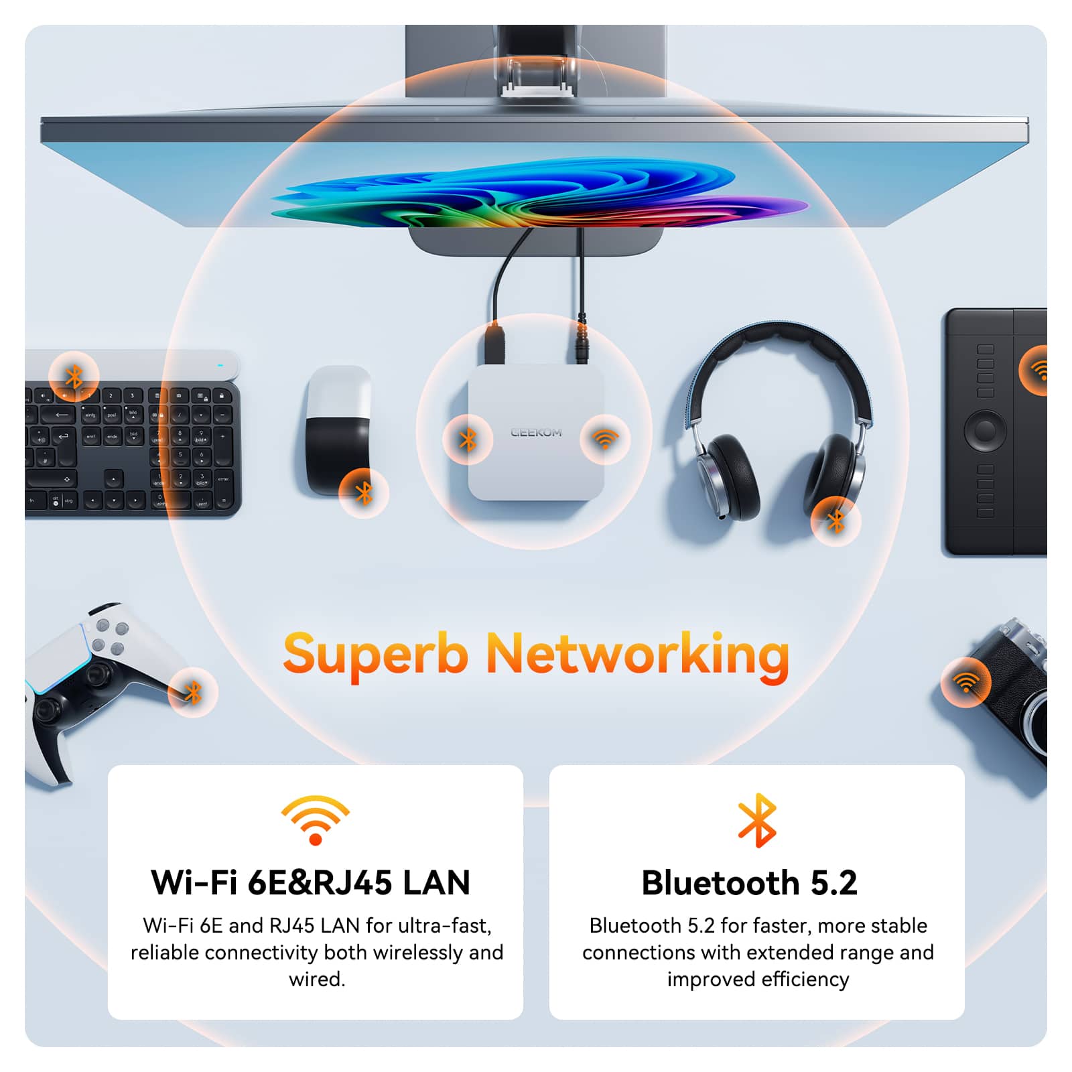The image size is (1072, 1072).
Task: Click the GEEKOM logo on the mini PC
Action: point(536,433)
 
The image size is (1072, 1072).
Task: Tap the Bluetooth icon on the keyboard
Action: point(74,377)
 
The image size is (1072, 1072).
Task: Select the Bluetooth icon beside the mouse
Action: point(364,494)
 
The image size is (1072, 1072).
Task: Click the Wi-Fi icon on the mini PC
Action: point(605,439)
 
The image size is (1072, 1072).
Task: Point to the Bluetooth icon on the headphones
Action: point(835,521)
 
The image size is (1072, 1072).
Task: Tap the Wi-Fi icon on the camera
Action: point(965,683)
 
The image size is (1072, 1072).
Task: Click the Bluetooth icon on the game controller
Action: point(193,692)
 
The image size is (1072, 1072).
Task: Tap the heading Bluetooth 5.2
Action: point(749,882)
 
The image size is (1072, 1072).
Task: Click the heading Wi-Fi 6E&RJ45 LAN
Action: point(311,882)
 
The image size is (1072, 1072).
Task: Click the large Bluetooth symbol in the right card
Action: point(757,820)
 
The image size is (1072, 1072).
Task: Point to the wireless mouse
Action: point(338,429)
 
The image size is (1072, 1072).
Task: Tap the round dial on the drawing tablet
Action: point(985,429)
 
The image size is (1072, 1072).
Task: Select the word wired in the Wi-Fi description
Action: point(316,979)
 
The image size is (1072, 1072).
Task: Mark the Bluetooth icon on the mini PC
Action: point(468,440)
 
